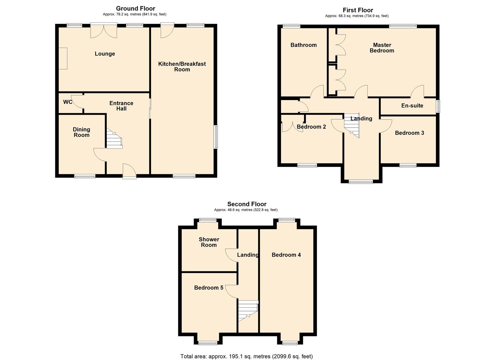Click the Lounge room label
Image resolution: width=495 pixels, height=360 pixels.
tap(105, 54)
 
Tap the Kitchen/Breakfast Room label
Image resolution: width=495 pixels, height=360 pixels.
tap(182, 66)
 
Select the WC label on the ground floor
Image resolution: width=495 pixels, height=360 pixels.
tap(68, 102)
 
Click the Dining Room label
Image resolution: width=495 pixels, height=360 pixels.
tap(81, 132)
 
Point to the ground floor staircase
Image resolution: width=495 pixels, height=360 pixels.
tap(114, 139)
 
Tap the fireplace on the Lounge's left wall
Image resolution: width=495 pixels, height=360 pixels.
tap(63, 58)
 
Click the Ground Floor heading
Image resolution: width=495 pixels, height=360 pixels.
tap(135, 8)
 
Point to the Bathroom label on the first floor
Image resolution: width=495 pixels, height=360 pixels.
tap(303, 45)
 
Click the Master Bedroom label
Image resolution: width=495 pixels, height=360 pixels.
tap(382, 48)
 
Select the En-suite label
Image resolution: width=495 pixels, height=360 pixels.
tap(412, 106)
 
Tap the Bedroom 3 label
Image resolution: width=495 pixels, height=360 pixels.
tap(409, 133)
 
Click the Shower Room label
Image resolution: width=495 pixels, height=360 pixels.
tap(209, 242)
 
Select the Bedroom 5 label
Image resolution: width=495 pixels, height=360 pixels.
tap(209, 288)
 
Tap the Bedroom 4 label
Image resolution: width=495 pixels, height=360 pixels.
tap(286, 255)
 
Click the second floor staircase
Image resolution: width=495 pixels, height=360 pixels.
tap(248, 310)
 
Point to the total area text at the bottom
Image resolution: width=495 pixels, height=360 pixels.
tap(247, 356)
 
